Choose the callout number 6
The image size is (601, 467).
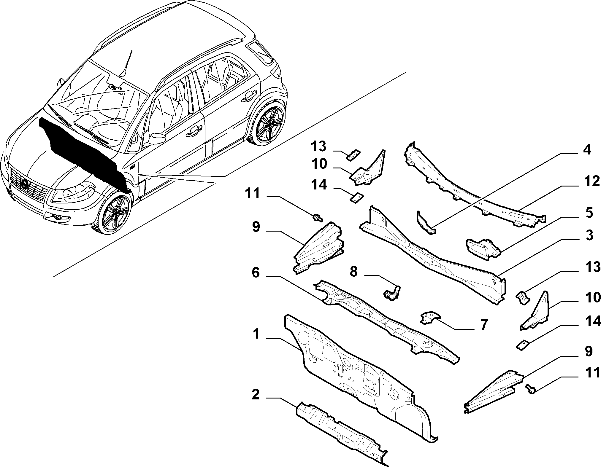click(256, 272)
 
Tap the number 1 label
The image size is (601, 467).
click(256, 334)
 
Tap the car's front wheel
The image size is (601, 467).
click(115, 212)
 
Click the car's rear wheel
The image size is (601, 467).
click(268, 124)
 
